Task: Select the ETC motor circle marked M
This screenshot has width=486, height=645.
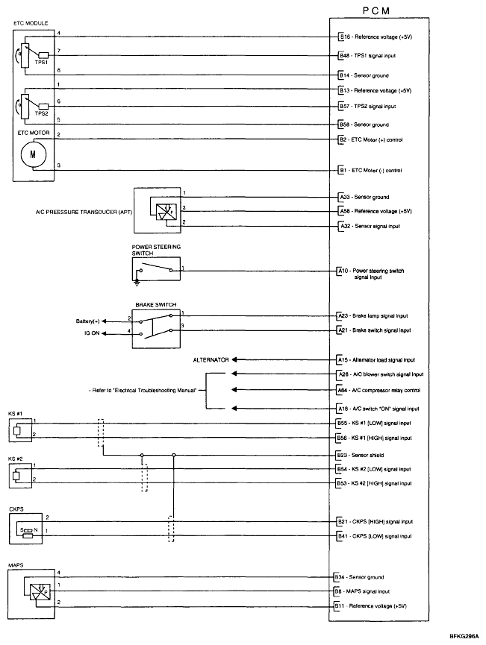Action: pos(31,154)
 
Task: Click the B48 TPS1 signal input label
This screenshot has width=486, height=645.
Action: pos(373,55)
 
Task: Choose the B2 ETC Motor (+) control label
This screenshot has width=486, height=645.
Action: pos(371,139)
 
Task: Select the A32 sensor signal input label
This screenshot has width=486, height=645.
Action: pos(370,226)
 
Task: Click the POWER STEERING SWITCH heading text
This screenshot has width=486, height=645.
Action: pos(156,249)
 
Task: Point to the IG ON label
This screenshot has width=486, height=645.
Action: pos(93,335)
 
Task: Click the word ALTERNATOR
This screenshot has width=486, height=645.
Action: pos(210,359)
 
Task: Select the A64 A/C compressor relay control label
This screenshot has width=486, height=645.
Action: pos(378,390)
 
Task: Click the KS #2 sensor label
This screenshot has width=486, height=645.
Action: pos(16,459)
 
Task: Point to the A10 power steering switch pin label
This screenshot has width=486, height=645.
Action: pos(371,274)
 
